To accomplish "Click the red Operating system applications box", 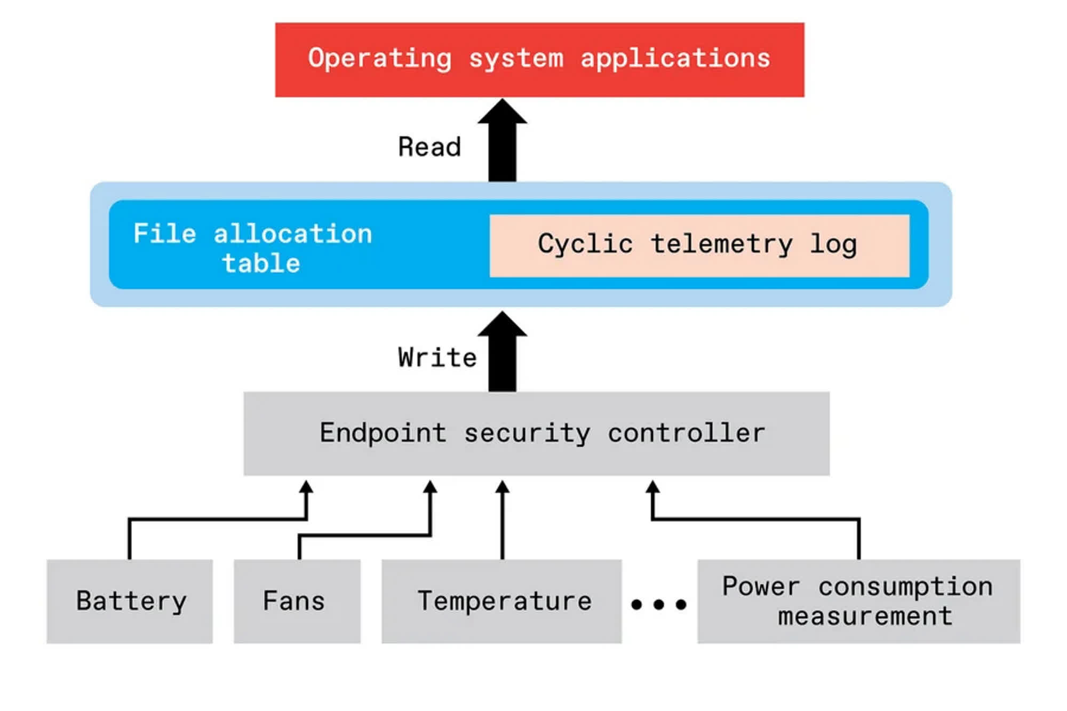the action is point(539,60).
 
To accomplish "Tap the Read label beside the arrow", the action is point(429,147).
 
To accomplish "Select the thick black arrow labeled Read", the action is point(502,140).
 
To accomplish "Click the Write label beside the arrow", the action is point(437,357).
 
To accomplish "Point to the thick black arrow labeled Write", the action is point(502,351).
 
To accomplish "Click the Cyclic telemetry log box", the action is point(699,245).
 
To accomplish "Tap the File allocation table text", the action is point(253,248).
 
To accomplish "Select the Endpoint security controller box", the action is point(536,433).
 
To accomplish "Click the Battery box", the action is point(130,601).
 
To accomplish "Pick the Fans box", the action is point(297,601).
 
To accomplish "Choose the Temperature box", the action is point(501,601).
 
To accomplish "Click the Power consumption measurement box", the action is point(858,601).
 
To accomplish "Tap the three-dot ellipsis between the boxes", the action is point(658,604).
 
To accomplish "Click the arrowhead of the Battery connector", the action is point(306,486).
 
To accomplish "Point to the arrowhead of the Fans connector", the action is point(430,486).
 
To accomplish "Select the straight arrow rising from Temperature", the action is point(502,520).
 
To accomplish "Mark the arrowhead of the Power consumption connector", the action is point(652,486).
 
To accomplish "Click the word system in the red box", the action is point(516,59).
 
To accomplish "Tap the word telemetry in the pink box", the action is point(722,245).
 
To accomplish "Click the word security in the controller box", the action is point(527,433).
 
